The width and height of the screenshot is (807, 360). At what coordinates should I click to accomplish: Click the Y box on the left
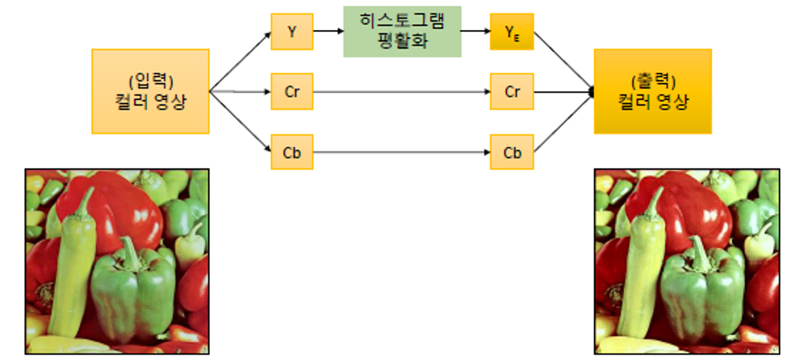click(x=292, y=31)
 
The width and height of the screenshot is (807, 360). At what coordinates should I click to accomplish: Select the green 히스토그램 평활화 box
click(x=402, y=31)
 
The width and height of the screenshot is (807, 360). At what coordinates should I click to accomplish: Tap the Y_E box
click(x=511, y=31)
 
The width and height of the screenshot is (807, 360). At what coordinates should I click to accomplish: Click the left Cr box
click(x=292, y=92)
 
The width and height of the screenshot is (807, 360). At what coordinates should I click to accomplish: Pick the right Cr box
click(x=511, y=92)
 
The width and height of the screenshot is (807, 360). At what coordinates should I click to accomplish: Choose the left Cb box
click(x=292, y=152)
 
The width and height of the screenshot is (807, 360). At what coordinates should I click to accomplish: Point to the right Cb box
click(x=511, y=152)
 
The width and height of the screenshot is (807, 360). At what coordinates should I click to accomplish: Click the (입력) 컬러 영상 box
click(x=150, y=91)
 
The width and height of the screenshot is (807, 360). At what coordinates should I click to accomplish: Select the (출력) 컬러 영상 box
click(x=652, y=91)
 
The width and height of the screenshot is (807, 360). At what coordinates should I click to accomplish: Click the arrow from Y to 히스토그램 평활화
click(x=328, y=31)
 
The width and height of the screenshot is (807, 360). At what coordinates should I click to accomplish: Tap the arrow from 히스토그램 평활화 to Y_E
click(x=475, y=31)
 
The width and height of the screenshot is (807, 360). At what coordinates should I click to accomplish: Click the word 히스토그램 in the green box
click(x=402, y=22)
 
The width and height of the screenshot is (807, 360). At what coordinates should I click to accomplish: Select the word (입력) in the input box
click(x=150, y=80)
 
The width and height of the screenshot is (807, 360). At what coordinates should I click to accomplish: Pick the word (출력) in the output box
click(x=653, y=80)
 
